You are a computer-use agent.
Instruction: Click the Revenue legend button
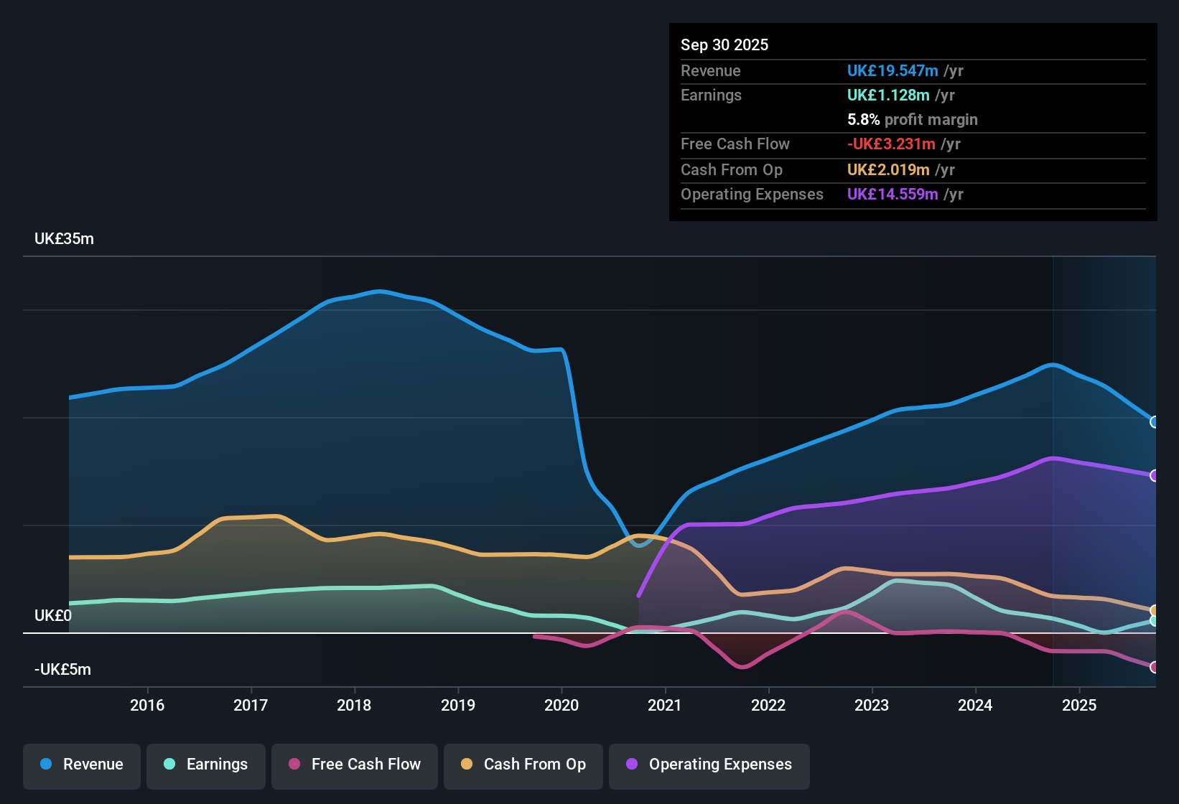[82, 765]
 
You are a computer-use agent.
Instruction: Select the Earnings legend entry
[206, 765]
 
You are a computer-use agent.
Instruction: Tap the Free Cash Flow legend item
[355, 765]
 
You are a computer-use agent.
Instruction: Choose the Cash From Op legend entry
[523, 765]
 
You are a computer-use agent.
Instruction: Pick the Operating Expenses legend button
[709, 765]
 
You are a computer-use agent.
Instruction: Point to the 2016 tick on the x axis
[147, 705]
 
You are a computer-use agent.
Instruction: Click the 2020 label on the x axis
[561, 705]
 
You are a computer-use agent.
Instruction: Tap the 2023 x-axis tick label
[872, 705]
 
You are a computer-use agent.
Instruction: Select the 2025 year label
[1079, 705]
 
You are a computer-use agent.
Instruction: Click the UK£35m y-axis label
[64, 239]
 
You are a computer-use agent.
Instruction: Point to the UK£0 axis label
[53, 616]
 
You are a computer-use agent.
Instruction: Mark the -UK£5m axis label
[62, 670]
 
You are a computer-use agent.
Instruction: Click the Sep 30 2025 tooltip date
[724, 45]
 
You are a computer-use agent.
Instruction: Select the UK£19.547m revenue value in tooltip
[893, 71]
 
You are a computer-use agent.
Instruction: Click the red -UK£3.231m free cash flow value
[891, 144]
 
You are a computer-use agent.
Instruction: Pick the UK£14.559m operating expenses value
[893, 195]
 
